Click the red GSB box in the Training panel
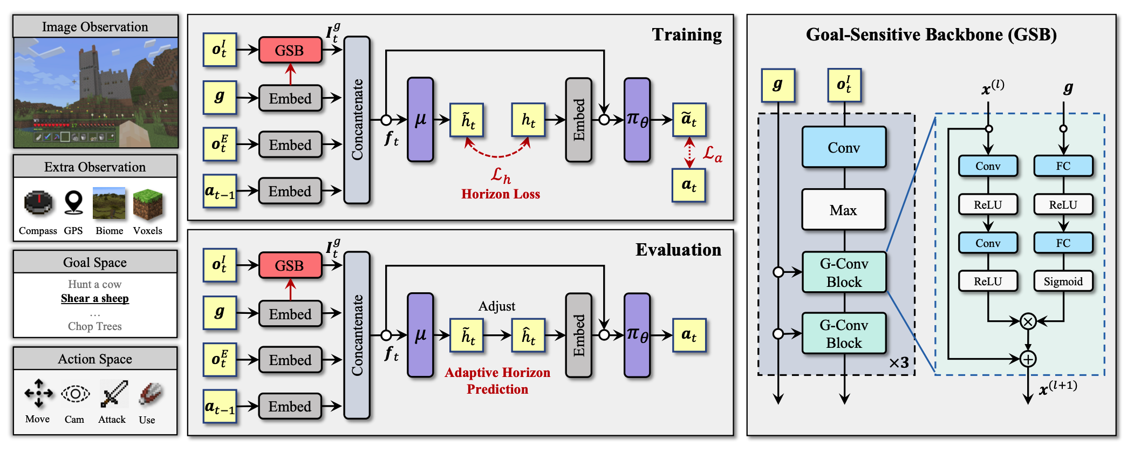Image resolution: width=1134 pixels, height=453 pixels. point(290,50)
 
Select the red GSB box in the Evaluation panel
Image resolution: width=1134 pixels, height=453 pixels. point(290,265)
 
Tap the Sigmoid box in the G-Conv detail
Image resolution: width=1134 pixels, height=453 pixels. point(1062,281)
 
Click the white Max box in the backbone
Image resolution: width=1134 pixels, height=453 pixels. point(843,210)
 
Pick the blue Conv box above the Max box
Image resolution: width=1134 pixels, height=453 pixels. point(843,147)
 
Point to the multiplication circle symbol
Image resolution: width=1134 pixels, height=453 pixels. point(1028,321)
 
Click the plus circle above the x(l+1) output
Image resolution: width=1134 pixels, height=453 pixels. point(1028,359)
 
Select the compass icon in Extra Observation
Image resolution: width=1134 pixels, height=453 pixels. point(38,203)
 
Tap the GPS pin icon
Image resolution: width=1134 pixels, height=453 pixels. point(73,203)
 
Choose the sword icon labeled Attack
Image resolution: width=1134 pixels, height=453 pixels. point(113,394)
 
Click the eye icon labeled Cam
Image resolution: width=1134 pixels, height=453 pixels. point(75,394)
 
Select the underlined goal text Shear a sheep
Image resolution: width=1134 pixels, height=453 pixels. point(95,298)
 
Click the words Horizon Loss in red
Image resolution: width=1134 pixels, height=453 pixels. point(500,194)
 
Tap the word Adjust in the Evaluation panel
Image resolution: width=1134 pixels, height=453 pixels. point(496,306)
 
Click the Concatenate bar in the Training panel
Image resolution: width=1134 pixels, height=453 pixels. point(357,120)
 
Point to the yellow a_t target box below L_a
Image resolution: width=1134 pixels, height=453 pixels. point(688,185)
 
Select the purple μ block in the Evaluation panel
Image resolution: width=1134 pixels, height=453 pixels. point(420,335)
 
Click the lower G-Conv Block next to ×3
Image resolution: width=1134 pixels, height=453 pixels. point(844,333)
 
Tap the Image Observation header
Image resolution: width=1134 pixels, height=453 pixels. point(95,26)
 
